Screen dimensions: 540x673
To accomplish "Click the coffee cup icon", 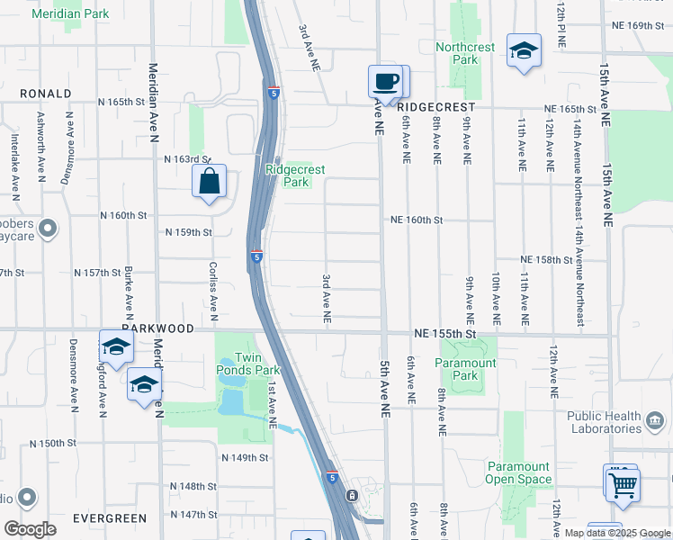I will [386, 82].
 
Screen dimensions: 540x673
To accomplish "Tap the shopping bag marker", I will [209, 181].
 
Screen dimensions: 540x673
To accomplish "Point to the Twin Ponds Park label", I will [248, 364].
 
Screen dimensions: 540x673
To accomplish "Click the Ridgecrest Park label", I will [295, 175].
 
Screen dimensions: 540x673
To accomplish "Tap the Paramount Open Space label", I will [518, 472].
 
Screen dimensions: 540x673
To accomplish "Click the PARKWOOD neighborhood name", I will [159, 328].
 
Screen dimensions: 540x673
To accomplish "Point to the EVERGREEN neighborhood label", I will [110, 518].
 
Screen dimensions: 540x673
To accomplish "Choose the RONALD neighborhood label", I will [45, 94].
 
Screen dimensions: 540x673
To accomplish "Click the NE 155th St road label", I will [445, 333].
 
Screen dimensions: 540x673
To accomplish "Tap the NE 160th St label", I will [417, 220].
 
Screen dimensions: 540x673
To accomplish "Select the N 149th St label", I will [246, 457].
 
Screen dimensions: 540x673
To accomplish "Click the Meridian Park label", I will [70, 14].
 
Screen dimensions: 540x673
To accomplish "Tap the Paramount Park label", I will [465, 369].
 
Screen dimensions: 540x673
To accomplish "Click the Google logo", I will [30, 529].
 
